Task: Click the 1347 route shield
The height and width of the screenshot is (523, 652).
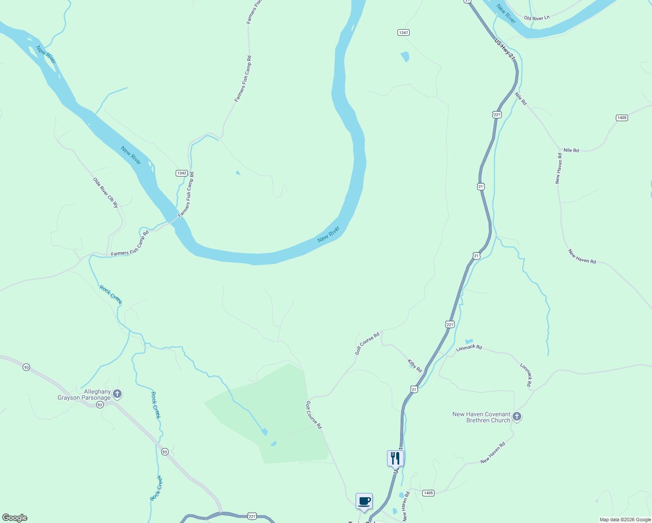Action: coord(403,33)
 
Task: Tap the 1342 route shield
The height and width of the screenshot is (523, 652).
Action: coord(182,173)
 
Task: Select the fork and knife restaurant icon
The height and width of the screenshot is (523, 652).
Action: coord(395,458)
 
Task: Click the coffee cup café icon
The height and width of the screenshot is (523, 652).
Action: coord(364,501)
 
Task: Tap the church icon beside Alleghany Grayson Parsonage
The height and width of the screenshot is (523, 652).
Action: coord(117,394)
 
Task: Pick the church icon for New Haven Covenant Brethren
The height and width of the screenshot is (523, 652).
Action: coord(516,417)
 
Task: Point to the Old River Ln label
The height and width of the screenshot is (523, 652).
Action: coord(537,18)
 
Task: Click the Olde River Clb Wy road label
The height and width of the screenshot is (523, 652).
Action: coord(105,192)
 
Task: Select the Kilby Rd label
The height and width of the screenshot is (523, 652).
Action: coord(414,366)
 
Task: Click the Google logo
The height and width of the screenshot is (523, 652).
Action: coord(14,518)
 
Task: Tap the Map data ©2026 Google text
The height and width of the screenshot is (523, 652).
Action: coord(625,520)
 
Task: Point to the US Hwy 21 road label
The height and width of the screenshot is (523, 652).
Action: coord(505,49)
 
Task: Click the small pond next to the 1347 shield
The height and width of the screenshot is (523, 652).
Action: coord(405,57)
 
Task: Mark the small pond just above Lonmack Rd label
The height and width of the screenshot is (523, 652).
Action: coord(469,341)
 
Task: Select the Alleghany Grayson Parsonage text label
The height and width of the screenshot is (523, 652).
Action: coord(84,395)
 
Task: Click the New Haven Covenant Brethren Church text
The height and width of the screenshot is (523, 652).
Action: coord(481,417)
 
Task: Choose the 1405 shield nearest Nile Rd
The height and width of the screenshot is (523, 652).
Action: coord(621,118)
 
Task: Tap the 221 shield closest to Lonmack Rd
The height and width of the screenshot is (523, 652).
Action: coord(450,324)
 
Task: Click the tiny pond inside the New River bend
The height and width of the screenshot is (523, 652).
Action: coord(238,173)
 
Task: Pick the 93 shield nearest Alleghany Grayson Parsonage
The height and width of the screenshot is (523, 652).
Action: coord(100,405)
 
